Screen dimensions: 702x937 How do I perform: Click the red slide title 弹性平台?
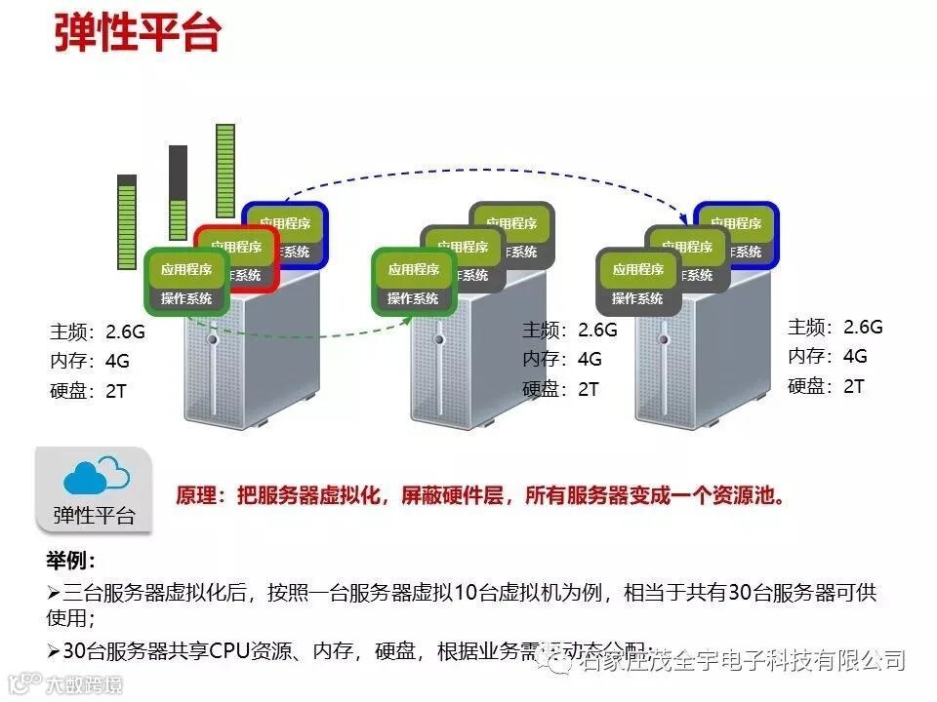[138, 32]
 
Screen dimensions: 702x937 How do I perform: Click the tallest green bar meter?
[225, 179]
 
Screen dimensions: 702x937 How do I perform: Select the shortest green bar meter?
[127, 218]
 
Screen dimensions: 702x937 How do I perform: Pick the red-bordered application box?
[237, 257]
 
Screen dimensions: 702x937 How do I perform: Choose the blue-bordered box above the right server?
[735, 234]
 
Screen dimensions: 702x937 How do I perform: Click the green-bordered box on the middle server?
[413, 281]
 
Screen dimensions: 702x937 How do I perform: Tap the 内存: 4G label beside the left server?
[90, 361]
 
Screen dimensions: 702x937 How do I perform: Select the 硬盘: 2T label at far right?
[826, 386]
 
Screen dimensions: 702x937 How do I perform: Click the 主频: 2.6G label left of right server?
[570, 330]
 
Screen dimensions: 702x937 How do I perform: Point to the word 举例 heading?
[70, 562]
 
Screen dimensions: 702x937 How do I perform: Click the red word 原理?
[198, 495]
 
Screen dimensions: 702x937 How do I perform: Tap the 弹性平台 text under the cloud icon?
[95, 515]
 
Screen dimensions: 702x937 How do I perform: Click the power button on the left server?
[213, 339]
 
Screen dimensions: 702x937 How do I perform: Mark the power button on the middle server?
[438, 339]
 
